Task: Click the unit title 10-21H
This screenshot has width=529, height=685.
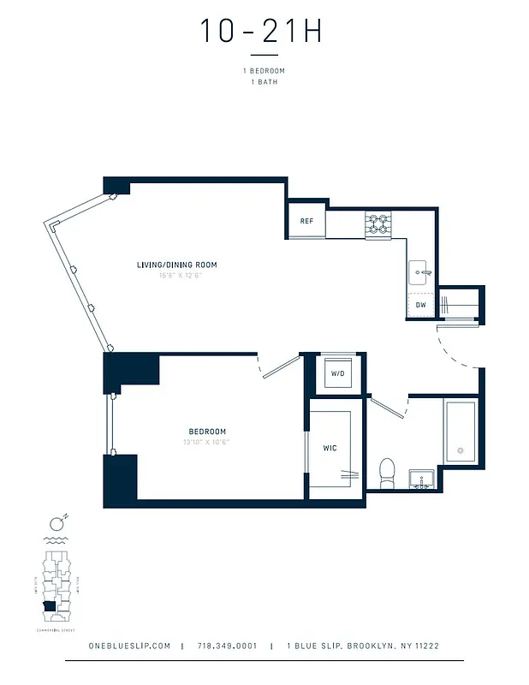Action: click(x=262, y=31)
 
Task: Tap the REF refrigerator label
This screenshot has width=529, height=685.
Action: click(x=306, y=221)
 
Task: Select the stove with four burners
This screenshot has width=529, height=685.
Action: click(x=377, y=223)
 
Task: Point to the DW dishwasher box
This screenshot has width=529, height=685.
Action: click(x=420, y=305)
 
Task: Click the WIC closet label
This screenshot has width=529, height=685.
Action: click(x=329, y=448)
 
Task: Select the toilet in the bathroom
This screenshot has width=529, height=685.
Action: click(x=386, y=474)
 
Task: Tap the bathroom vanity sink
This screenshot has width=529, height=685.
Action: click(x=420, y=477)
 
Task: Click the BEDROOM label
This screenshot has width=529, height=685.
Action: click(x=207, y=431)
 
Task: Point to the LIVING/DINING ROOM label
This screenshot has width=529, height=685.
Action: click(x=177, y=265)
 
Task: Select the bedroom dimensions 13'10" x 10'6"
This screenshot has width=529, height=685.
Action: click(x=207, y=442)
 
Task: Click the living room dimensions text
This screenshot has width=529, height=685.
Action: click(x=177, y=276)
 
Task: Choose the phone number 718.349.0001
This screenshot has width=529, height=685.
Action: click(x=227, y=646)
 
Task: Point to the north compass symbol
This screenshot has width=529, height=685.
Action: click(x=58, y=523)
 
